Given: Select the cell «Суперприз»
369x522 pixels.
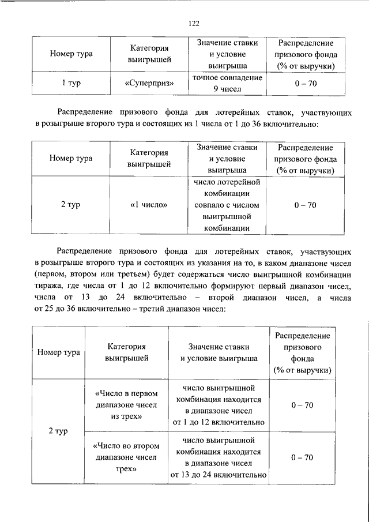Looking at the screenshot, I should click(x=149, y=83).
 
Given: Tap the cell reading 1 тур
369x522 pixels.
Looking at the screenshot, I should click(x=71, y=83).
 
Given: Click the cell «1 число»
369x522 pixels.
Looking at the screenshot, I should click(x=149, y=205).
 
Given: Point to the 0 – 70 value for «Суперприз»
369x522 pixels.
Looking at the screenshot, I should click(x=305, y=83).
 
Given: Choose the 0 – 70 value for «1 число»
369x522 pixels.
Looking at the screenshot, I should click(x=305, y=205).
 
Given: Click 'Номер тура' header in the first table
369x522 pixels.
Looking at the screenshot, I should click(x=71, y=54).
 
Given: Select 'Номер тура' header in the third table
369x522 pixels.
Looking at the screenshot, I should click(x=58, y=352).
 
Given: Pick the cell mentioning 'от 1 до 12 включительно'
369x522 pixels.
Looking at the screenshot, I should click(x=219, y=405).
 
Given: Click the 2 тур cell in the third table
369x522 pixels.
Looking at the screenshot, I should click(x=58, y=431).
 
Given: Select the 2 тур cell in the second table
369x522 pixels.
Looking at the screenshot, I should click(x=71, y=205).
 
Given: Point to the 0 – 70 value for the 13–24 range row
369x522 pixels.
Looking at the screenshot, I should click(x=302, y=457).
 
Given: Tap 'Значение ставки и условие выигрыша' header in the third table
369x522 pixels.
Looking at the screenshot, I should click(x=219, y=352).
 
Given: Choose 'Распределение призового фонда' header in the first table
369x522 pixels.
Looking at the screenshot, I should click(x=305, y=54).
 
